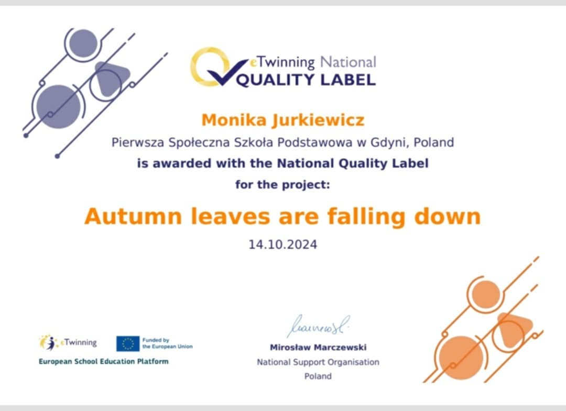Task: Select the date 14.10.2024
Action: click(x=282, y=245)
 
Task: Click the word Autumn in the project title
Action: click(x=133, y=216)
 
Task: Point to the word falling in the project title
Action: click(x=367, y=217)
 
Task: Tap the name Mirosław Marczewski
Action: click(x=318, y=347)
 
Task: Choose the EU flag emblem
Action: click(x=128, y=343)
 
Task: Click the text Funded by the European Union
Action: click(x=168, y=343)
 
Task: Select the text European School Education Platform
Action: click(x=104, y=361)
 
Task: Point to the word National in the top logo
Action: click(x=348, y=62)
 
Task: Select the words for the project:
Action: click(x=282, y=185)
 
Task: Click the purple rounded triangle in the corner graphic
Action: click(x=111, y=78)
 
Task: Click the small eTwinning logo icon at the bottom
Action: click(x=48, y=342)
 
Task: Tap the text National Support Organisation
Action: click(x=318, y=362)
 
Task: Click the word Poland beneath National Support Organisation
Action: click(x=318, y=376)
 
